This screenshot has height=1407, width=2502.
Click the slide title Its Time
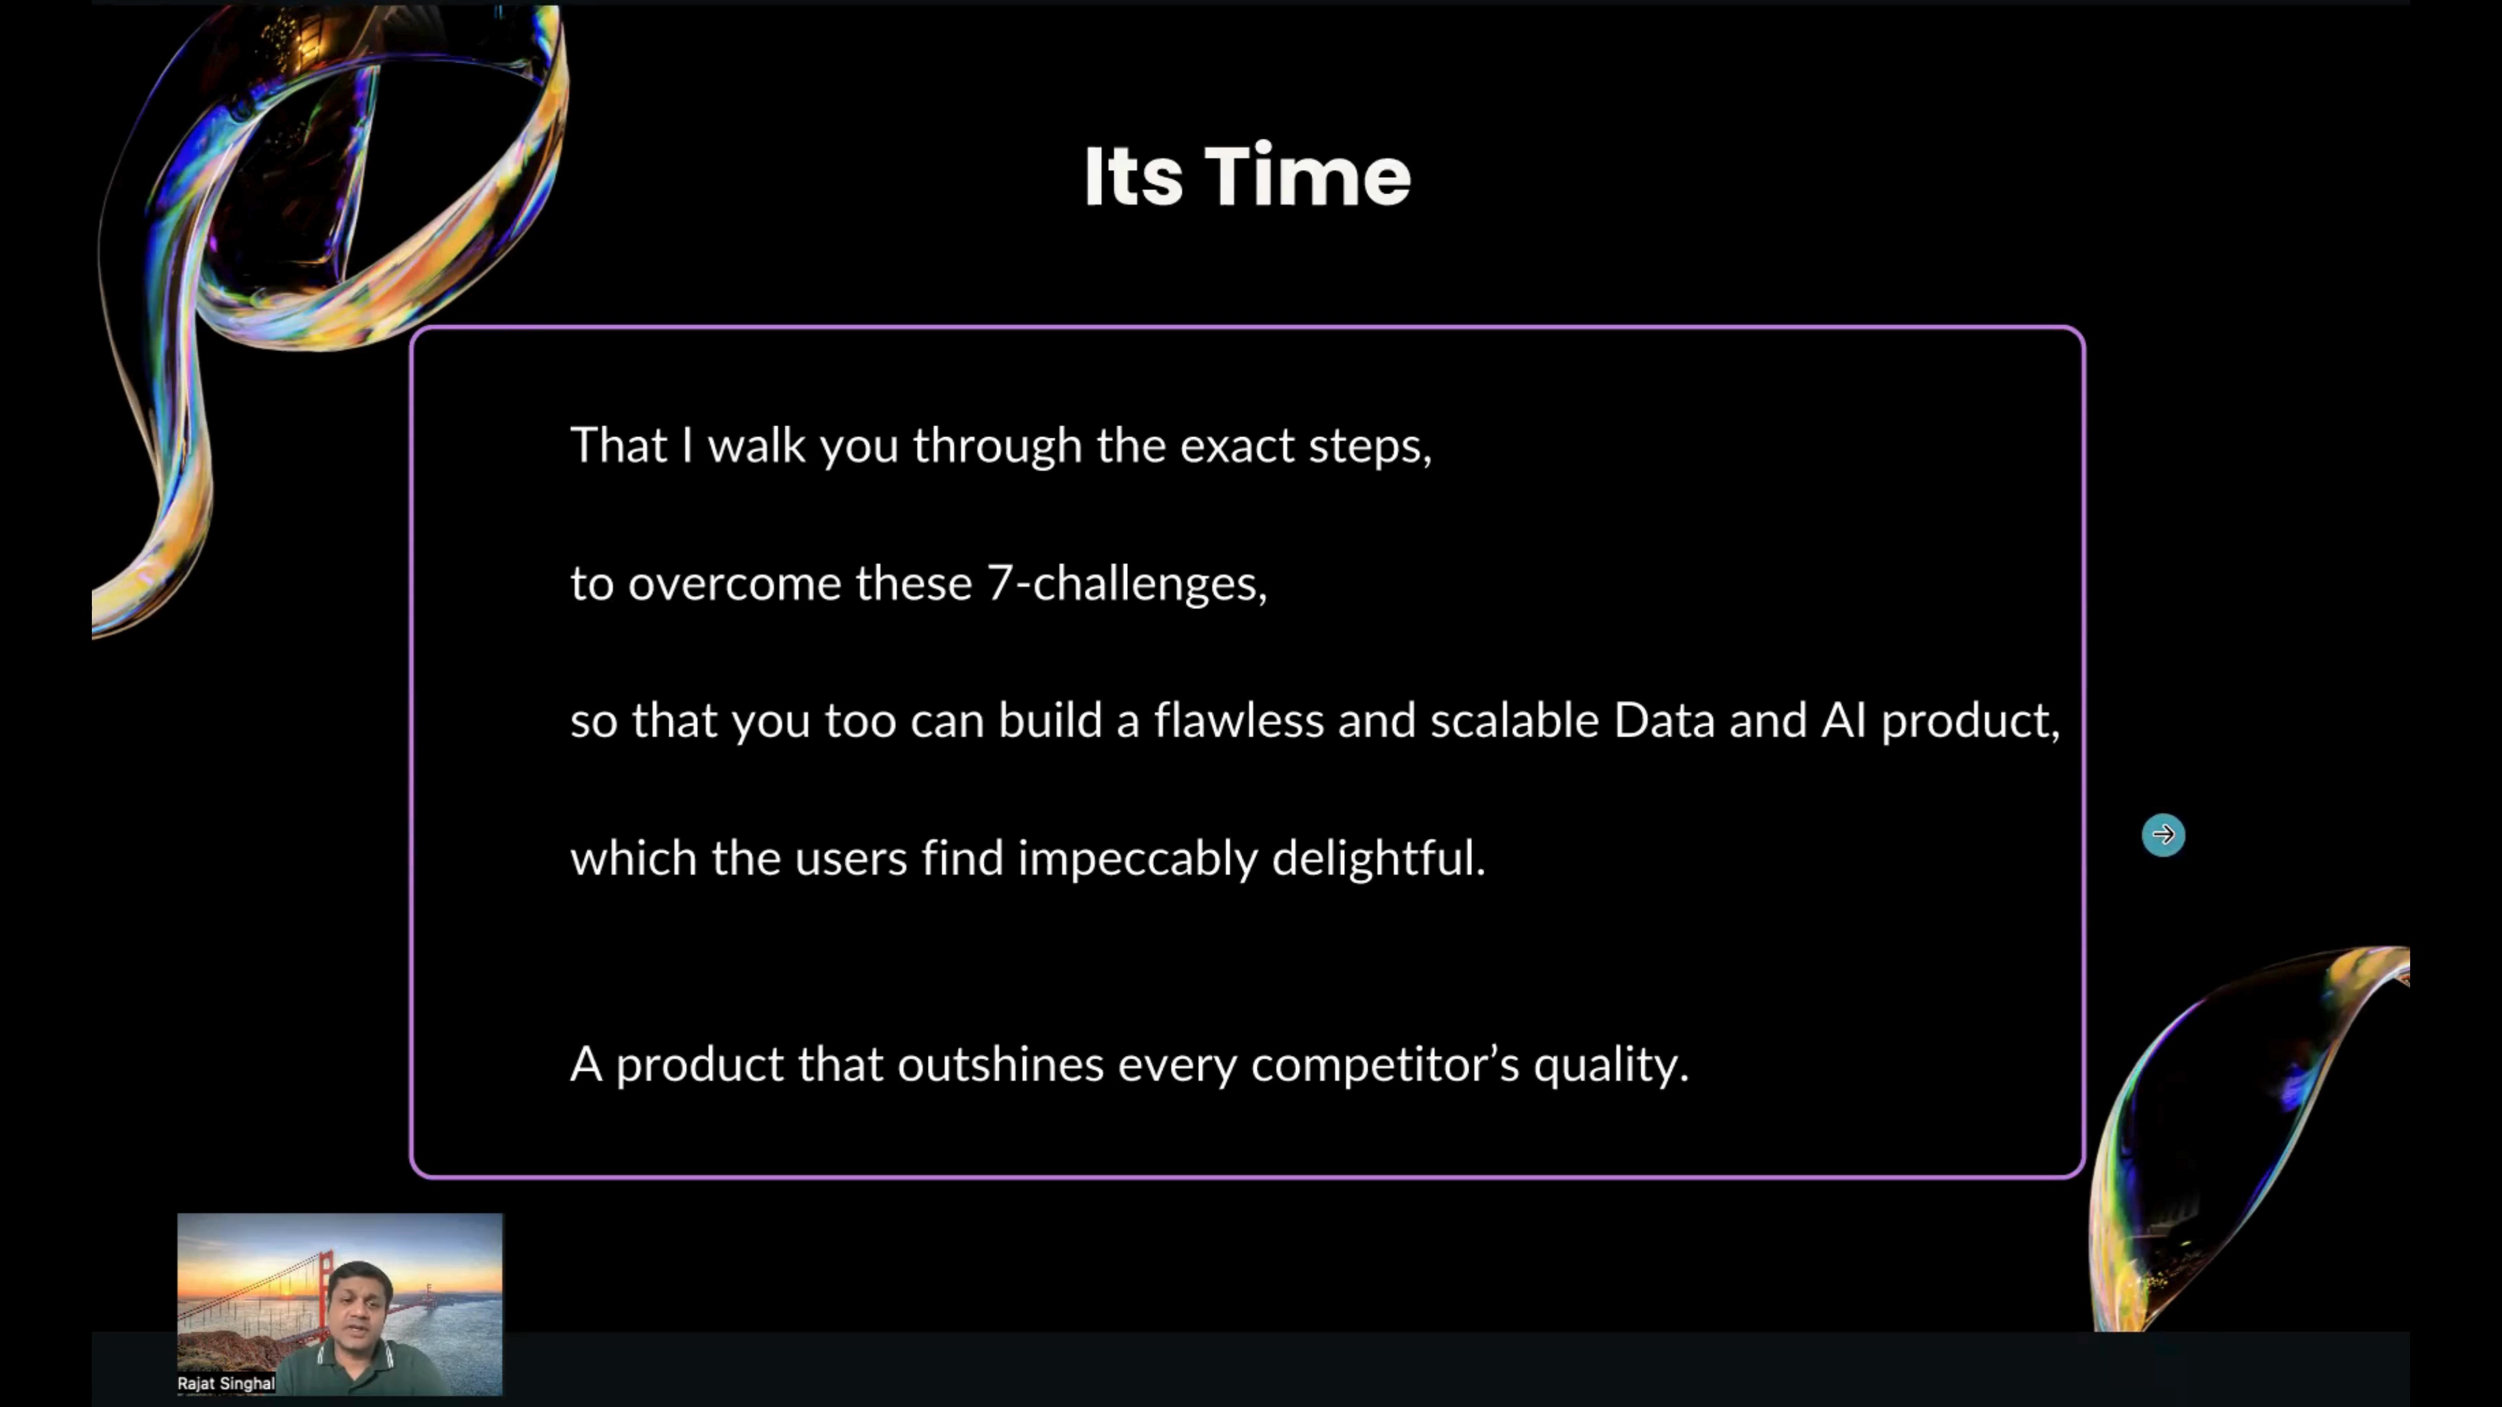click(1247, 176)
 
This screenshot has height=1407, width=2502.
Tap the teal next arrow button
click(2163, 834)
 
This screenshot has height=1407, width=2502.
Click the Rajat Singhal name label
click(226, 1383)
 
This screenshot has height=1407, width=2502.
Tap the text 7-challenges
click(1127, 584)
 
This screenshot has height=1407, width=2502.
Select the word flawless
click(1239, 720)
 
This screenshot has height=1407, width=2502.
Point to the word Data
click(1664, 720)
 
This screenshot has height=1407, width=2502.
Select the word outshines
click(1000, 1064)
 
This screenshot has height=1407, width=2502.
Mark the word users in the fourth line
click(851, 859)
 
